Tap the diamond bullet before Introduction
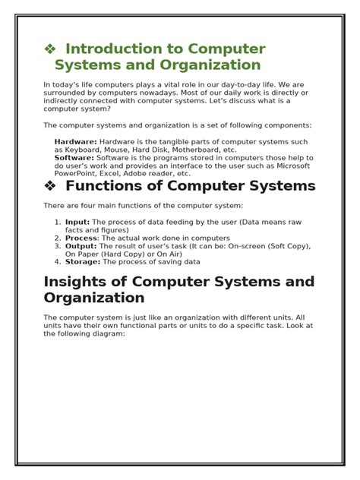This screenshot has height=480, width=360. (x=50, y=49)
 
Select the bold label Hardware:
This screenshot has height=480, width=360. (x=75, y=142)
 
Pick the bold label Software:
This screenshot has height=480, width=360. (x=74, y=158)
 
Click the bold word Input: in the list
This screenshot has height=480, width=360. (x=77, y=222)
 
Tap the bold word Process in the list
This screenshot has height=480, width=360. (x=81, y=238)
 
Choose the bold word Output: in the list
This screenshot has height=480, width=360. (x=81, y=245)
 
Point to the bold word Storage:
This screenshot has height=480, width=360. (x=83, y=261)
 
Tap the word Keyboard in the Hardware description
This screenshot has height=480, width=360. (x=81, y=150)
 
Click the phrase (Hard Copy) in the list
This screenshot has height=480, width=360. (x=124, y=254)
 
